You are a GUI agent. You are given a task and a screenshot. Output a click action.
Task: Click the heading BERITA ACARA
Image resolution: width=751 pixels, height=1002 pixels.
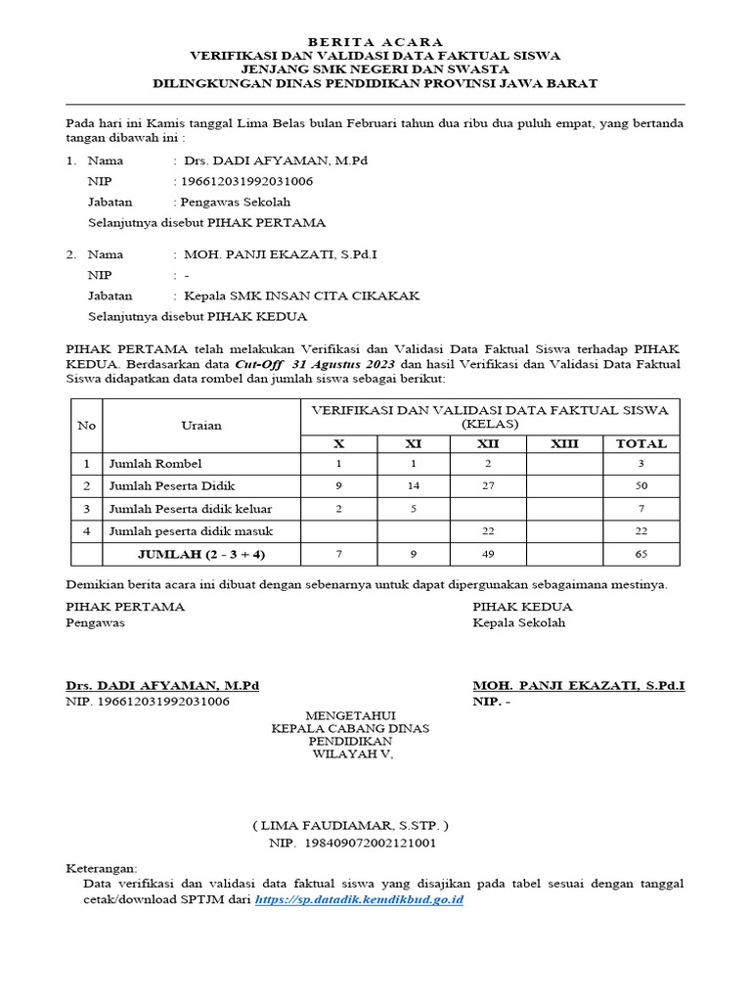375,42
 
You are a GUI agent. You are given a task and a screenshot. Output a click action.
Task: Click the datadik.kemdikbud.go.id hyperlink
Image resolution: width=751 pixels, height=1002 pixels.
359,898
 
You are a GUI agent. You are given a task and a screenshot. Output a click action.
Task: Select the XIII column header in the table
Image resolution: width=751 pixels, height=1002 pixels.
564,443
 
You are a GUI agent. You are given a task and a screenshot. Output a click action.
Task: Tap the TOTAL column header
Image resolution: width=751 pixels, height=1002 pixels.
641,443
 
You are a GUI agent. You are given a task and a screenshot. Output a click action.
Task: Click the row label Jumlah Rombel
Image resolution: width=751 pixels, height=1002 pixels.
155,464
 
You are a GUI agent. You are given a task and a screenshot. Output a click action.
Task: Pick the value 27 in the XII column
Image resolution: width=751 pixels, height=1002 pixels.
488,486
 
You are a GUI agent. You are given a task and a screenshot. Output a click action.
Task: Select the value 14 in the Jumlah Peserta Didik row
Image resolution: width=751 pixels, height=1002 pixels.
413,486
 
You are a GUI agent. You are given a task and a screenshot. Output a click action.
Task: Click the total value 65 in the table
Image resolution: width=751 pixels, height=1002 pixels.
641,555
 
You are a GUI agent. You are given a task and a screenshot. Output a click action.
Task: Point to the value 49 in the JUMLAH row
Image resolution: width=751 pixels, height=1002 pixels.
488,555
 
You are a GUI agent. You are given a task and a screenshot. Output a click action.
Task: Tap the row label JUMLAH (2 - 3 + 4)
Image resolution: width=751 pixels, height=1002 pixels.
201,555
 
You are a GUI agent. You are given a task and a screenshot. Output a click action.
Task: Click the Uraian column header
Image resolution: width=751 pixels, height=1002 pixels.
201,425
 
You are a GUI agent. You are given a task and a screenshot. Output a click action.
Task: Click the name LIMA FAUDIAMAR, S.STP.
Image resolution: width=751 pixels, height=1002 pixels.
350,825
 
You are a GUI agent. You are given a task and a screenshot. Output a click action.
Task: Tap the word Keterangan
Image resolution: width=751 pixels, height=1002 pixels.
102,868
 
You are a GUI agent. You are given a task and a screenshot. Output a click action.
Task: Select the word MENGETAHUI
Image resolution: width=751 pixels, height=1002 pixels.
350,715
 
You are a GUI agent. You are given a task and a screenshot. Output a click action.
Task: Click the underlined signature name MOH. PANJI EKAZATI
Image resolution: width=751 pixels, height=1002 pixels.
578,686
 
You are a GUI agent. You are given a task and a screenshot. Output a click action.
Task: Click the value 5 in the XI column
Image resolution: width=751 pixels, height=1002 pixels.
413,509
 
